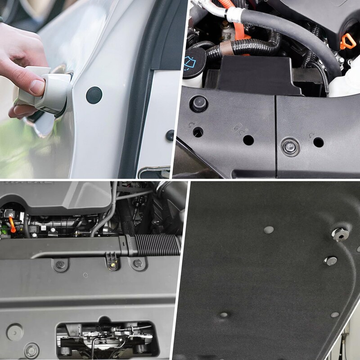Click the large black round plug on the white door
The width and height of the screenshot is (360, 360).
tap(94, 95)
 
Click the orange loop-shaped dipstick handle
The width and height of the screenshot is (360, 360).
tap(347, 42)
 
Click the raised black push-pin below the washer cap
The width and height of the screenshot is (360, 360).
tap(198, 104)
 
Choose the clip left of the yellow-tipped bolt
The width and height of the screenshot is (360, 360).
tap(60, 264)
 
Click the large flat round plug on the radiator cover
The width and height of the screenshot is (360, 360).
tap(14, 332)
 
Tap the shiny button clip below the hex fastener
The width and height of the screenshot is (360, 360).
tap(331, 261)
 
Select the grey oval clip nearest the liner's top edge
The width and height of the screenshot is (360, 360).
tap(269, 230)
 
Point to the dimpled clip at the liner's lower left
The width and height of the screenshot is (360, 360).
tap(224, 315)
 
